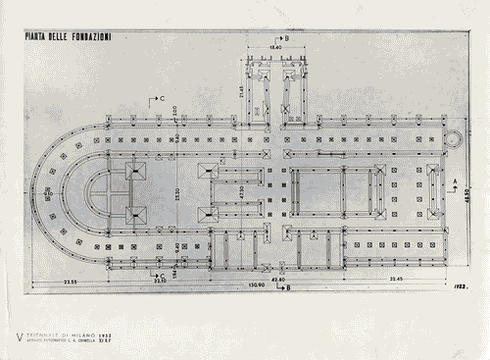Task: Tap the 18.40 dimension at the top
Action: click(x=275, y=46)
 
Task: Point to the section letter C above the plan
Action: click(x=160, y=99)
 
